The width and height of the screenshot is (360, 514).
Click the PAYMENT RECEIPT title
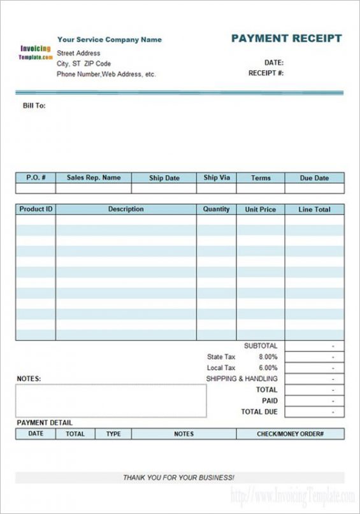pyautogui.click(x=286, y=38)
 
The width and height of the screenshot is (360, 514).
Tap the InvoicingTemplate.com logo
pyautogui.click(x=36, y=52)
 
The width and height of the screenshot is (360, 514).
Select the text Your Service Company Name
pyautogui.click(x=110, y=39)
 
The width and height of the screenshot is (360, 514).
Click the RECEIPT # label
pyautogui.click(x=266, y=73)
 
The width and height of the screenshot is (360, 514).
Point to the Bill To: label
pyautogui.click(x=34, y=106)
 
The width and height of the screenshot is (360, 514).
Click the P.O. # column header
pyautogui.click(x=36, y=178)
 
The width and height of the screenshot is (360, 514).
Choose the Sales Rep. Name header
pyautogui.click(x=94, y=178)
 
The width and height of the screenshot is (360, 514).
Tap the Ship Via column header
pyautogui.click(x=217, y=178)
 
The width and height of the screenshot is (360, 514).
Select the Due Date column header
pyautogui.click(x=314, y=178)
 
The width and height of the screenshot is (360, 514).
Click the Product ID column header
pyautogui.click(x=36, y=209)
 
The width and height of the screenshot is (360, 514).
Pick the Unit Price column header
pyautogui.click(x=261, y=209)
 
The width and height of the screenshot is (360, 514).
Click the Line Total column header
pyautogui.click(x=314, y=209)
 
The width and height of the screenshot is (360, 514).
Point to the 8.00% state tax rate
pyautogui.click(x=268, y=357)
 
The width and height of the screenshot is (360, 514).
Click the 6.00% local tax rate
pyautogui.click(x=268, y=368)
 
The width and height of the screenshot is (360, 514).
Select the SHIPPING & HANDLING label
pyautogui.click(x=241, y=379)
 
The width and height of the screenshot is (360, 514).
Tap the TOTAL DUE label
pyautogui.click(x=259, y=412)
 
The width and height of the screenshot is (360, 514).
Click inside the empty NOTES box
pyautogui.click(x=111, y=401)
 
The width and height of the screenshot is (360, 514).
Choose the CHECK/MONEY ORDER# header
pyautogui.click(x=290, y=434)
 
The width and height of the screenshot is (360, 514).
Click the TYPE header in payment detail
pyautogui.click(x=113, y=434)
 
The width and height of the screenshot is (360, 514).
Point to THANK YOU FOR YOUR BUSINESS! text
pyautogui.click(x=179, y=477)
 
